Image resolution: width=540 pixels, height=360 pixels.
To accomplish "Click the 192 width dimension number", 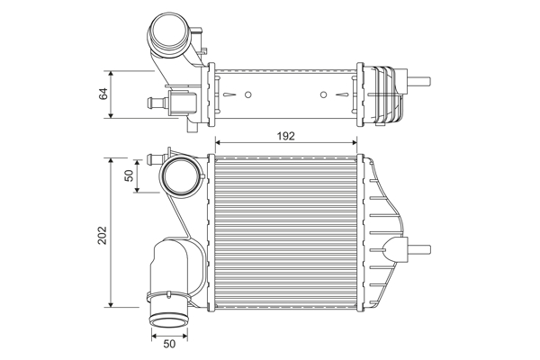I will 285,136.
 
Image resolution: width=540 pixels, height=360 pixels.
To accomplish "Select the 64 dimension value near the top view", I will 103,94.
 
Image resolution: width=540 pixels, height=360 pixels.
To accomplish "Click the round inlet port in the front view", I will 181,176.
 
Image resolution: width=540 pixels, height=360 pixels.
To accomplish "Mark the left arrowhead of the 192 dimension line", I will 217,142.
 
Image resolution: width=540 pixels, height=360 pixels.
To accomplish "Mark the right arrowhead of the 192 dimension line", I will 356,142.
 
